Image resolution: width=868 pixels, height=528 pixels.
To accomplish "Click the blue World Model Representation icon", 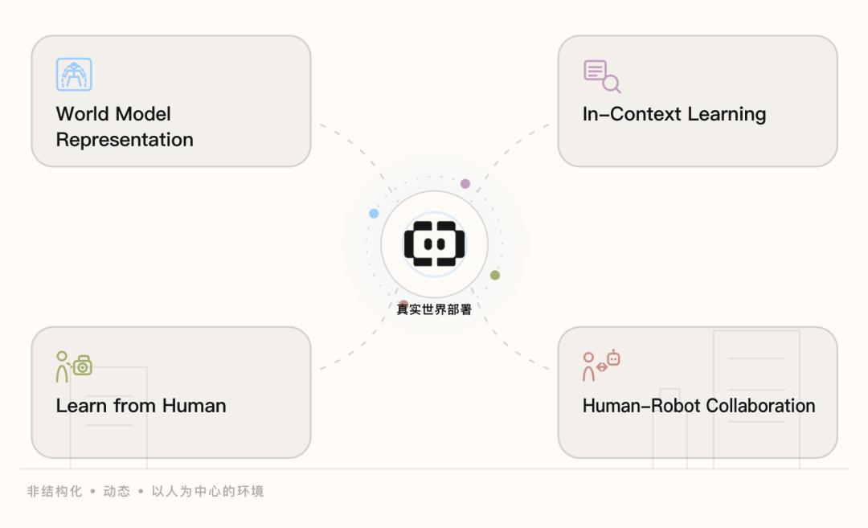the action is pos(74,74).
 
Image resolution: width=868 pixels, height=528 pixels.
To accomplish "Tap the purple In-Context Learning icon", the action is pos(602,76).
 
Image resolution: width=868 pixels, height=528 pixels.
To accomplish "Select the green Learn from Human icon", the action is pos(74,366).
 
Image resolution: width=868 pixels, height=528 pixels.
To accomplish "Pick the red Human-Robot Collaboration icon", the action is pos(601,366).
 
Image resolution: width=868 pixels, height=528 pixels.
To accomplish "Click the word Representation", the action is pos(125,140).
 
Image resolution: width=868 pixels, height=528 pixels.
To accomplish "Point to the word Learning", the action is pos(727,115).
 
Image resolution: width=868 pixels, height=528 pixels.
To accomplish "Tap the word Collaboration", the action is pos(760,406).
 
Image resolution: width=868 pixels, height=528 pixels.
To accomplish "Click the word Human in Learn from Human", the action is pos(194,406).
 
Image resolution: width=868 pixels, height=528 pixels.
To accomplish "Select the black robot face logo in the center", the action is pos(435,244).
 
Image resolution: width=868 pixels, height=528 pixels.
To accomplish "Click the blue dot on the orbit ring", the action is pos(374,214).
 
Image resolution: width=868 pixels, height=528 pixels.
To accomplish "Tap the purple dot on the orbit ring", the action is pos(465,184).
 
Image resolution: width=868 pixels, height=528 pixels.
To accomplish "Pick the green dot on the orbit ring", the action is pos(495,275).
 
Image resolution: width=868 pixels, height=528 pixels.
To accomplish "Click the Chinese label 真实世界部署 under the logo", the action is pos(434,309).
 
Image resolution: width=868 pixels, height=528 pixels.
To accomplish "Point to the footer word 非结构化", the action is pos(55,492).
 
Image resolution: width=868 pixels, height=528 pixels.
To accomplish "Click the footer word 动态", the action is pos(117,492).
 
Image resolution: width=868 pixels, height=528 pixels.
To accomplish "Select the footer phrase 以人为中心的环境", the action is pos(207,492).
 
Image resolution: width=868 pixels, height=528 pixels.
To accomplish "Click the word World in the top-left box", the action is pos(83,114).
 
